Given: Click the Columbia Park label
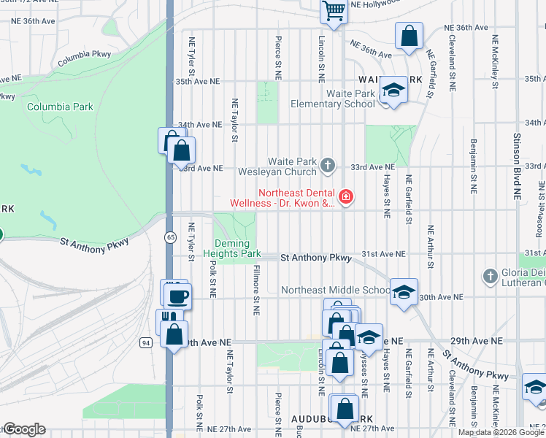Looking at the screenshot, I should pos(60,107).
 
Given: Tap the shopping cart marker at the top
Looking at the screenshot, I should pos(334,11).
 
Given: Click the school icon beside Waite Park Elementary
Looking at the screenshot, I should pos(393,90).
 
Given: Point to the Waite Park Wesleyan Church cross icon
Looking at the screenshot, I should pos(328,166).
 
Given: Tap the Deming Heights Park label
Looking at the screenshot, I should pos(237,248).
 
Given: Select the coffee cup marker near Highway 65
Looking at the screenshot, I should pos(177,296).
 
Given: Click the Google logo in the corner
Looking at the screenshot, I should pos(24,429).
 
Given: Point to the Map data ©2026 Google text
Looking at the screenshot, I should pos(501,432).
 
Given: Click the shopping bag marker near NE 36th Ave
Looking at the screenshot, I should pos(409,35).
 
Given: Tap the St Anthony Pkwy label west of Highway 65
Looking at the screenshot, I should pos(95,243).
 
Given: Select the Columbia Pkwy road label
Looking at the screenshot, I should pos(83,58).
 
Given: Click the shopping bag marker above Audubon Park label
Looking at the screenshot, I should pos(344,407).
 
